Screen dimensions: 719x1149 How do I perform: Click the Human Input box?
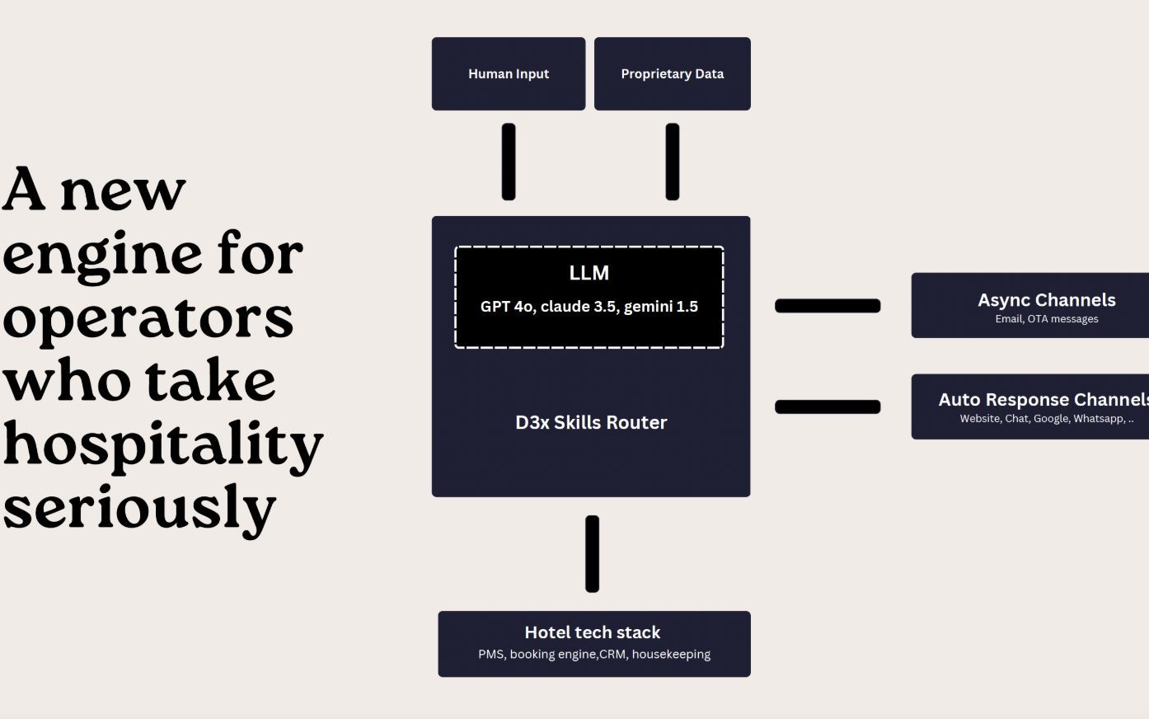(x=509, y=73)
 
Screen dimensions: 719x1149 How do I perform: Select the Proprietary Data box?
(x=672, y=73)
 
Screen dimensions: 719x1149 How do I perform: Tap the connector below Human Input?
(x=509, y=162)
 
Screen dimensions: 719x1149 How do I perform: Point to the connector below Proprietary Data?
(x=673, y=162)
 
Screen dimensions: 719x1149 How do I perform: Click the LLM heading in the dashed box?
(x=589, y=273)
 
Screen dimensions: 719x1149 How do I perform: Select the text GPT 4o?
(x=506, y=307)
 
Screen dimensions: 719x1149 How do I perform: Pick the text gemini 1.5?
(x=661, y=307)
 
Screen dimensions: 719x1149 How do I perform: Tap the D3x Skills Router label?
(x=591, y=422)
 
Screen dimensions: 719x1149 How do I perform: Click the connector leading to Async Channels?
(x=828, y=306)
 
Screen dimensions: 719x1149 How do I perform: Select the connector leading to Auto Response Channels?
(x=828, y=406)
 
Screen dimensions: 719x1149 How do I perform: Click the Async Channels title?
(x=1046, y=300)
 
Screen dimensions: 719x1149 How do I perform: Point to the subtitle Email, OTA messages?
(x=1046, y=319)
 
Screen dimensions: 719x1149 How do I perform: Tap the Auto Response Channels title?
(x=1043, y=400)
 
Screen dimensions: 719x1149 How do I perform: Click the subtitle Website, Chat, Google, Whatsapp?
(x=1045, y=419)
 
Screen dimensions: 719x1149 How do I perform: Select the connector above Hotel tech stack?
(x=592, y=554)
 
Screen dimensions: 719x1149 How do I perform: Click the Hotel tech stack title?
(x=592, y=632)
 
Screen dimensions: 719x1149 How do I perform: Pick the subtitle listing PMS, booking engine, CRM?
(x=593, y=654)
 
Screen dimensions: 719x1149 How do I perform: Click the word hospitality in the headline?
(x=162, y=445)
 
